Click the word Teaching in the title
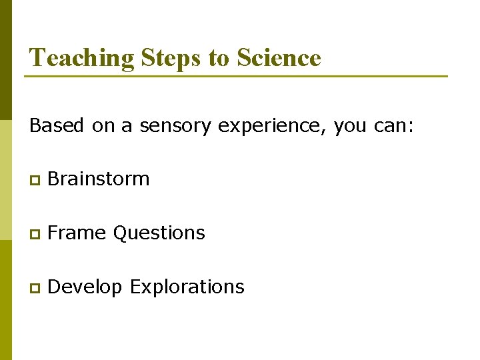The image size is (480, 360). click(x=83, y=58)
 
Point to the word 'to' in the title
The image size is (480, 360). click(x=219, y=58)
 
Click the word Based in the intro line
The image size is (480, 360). click(x=56, y=125)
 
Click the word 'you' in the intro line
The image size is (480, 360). click(x=348, y=127)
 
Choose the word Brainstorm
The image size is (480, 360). click(x=99, y=179)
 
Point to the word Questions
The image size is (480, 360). click(x=159, y=233)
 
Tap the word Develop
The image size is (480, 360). click(x=86, y=287)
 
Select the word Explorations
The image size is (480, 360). click(x=187, y=287)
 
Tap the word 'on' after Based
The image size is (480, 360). click(x=103, y=125)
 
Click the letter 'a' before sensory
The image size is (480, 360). click(x=127, y=126)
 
